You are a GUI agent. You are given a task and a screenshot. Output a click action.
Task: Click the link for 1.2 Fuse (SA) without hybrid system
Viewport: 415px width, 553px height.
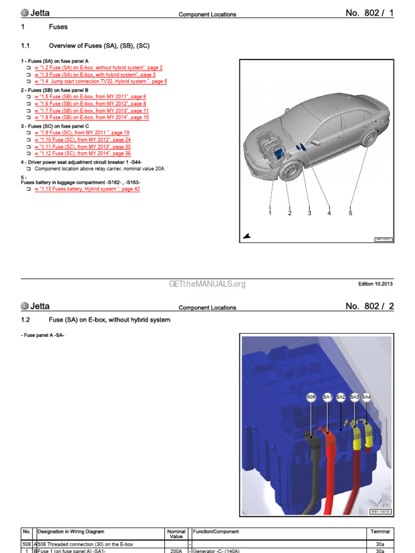tap(98, 68)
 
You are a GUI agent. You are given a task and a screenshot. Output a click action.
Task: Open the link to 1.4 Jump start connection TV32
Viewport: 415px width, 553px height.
tap(101, 82)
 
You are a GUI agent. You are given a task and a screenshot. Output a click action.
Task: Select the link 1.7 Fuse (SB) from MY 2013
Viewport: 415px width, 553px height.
tap(91, 111)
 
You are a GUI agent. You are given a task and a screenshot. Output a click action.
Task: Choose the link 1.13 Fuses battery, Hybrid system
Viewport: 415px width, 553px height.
tap(87, 189)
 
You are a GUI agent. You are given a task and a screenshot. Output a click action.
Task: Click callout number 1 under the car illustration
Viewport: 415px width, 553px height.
tap(270, 213)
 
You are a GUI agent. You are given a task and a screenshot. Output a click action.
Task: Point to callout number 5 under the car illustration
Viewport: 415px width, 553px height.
tap(350, 213)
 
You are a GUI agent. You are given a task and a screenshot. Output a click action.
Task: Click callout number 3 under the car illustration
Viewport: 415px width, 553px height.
tap(309, 213)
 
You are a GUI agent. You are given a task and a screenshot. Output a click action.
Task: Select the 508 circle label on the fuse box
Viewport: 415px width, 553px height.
tap(311, 397)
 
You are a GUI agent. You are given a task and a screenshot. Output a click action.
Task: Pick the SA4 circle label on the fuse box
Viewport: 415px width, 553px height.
tap(366, 397)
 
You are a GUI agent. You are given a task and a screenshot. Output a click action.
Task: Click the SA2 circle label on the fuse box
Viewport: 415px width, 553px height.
tap(340, 397)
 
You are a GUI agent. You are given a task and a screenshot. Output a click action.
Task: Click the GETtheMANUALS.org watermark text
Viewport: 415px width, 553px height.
tap(207, 284)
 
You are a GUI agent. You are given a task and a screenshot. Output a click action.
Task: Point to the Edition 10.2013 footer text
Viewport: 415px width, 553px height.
tap(376, 284)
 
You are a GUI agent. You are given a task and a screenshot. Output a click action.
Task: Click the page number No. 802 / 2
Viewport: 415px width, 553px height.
tap(370, 306)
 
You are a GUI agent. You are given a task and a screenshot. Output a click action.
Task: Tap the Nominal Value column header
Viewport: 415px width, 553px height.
tap(176, 534)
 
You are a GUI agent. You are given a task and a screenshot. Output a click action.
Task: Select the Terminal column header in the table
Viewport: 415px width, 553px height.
tap(379, 532)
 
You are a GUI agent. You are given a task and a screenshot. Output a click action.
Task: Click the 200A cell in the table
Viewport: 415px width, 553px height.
tap(176, 550)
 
